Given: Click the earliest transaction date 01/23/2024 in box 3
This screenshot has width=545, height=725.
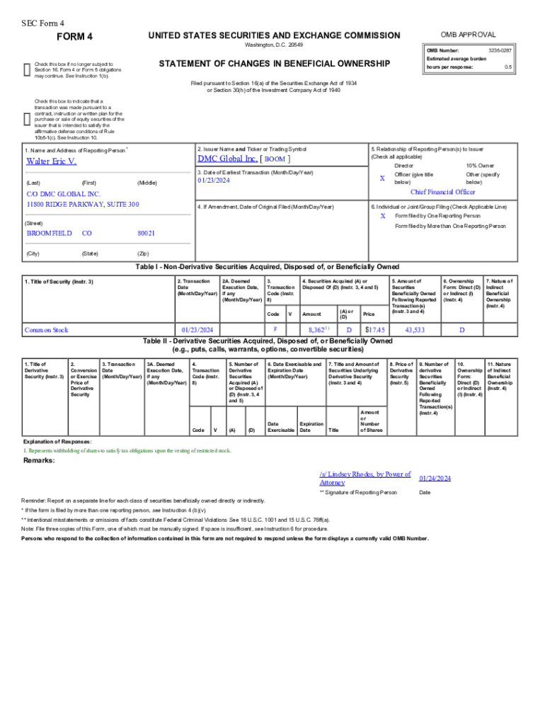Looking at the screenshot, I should [x=214, y=181].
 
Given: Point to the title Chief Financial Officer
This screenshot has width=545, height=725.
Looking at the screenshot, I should [x=442, y=192].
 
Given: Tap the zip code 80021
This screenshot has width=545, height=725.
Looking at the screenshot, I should [x=147, y=233].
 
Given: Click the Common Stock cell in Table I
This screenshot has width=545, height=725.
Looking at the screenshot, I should [x=47, y=330].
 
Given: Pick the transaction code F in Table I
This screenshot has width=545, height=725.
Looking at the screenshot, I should [x=275, y=329].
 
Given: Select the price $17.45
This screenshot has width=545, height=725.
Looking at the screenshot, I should [x=374, y=330].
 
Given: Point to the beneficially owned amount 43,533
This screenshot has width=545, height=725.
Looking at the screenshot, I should [x=414, y=330].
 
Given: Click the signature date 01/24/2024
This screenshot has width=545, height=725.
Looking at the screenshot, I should [x=435, y=479].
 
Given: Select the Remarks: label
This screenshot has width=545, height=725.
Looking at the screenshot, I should [x=40, y=461].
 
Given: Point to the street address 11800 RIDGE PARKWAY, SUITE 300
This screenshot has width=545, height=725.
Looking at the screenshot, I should [x=83, y=205].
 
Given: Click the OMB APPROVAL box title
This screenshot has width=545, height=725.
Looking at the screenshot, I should [x=468, y=35].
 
